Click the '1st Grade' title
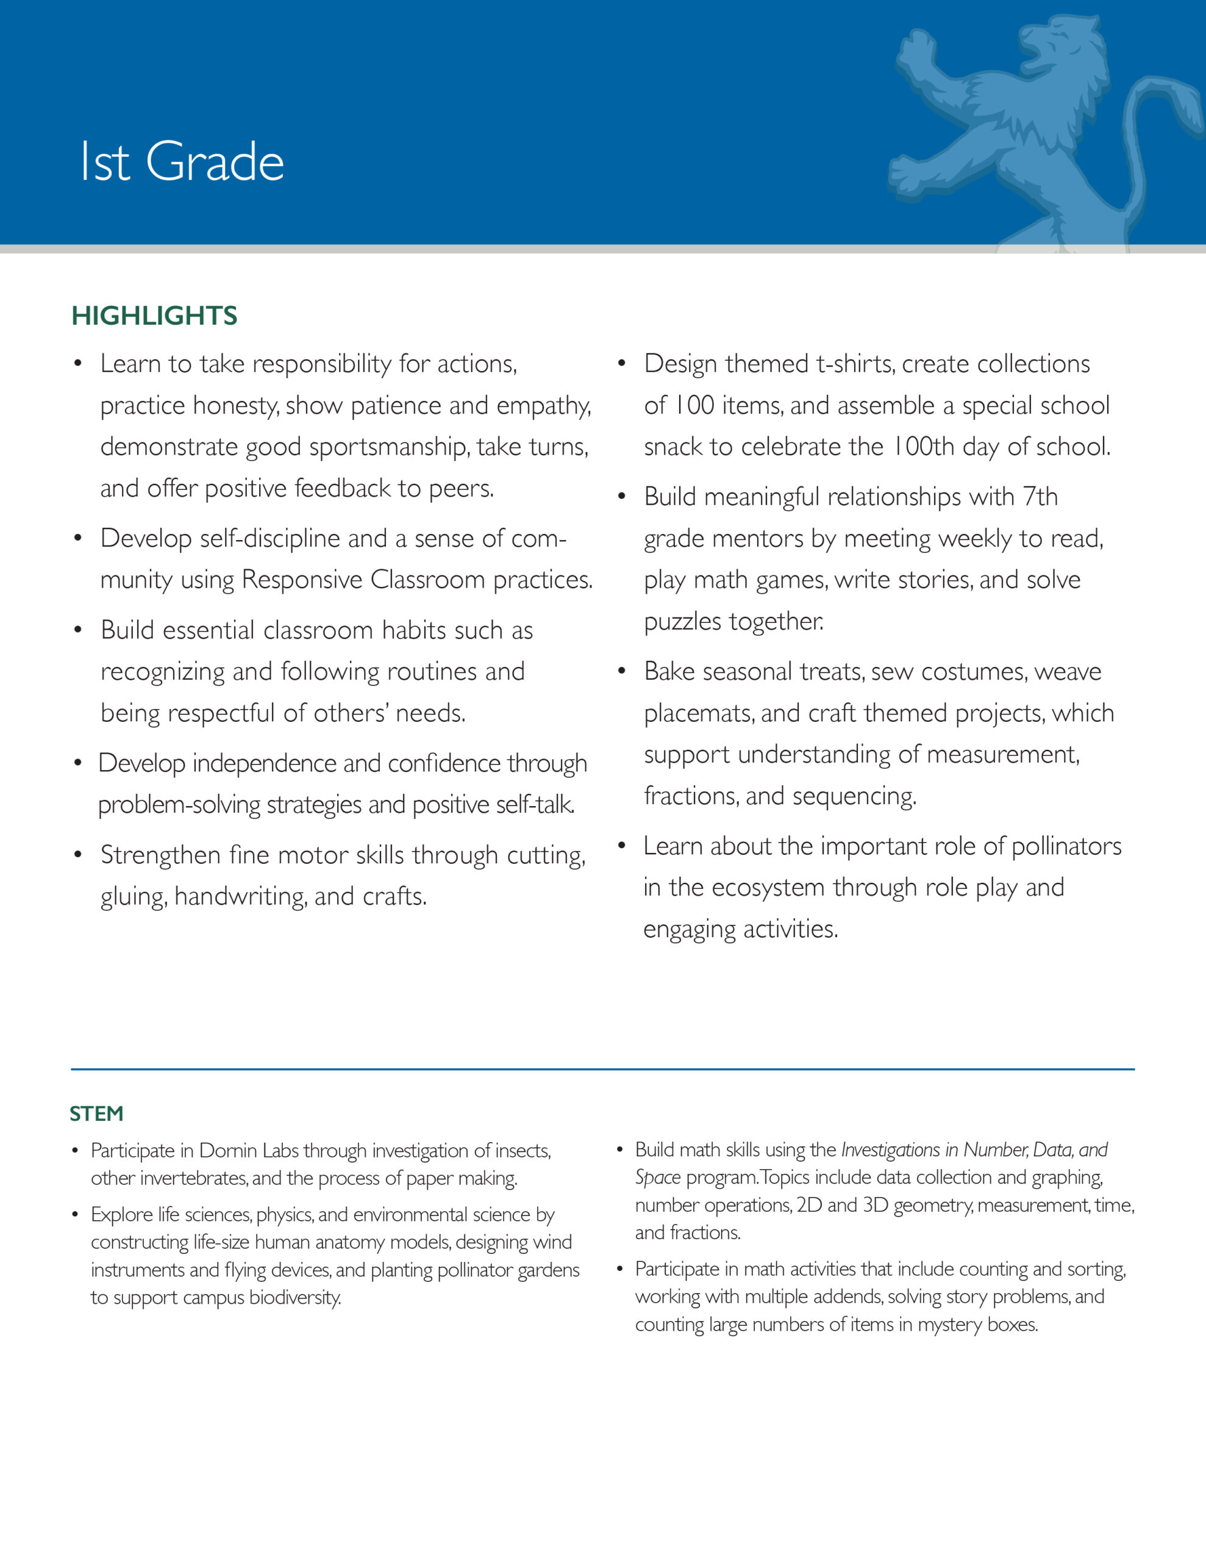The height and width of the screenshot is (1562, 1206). (x=182, y=162)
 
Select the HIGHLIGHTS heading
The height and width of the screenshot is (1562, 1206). (x=154, y=315)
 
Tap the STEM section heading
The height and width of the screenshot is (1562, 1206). (x=96, y=1114)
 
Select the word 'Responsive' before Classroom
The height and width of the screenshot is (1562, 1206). (x=302, y=579)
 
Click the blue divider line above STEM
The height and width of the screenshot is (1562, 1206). (x=602, y=1069)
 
